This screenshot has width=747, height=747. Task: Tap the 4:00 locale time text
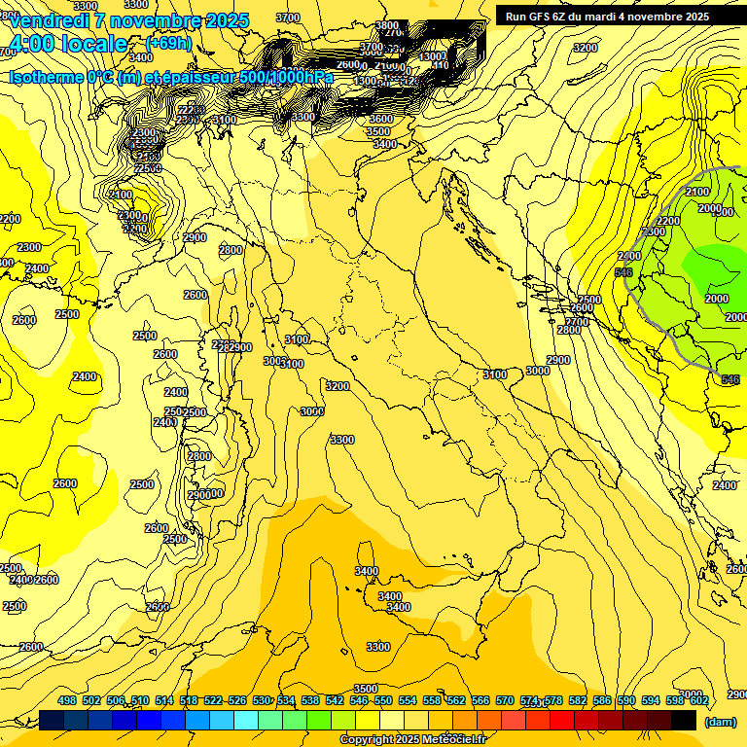pos(68,44)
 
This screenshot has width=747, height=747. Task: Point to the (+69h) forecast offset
pos(168,44)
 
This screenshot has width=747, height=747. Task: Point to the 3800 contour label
pos(387,25)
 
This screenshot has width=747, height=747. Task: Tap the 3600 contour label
pos(380,119)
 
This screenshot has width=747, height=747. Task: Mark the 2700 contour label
pos(577,321)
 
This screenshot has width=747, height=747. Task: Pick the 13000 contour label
pos(432,56)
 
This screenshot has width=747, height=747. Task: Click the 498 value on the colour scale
pos(67,700)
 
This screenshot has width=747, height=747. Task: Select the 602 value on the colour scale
pos(698,700)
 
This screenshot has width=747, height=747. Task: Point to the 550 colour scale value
pos(383,700)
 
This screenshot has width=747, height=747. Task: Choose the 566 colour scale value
pos(480,700)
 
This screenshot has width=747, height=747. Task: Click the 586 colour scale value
pos(601,700)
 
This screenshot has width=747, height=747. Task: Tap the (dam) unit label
pos(720,721)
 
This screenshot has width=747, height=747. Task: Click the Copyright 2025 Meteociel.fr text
pos(412,740)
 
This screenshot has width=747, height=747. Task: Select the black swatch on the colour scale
pos(684,720)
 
